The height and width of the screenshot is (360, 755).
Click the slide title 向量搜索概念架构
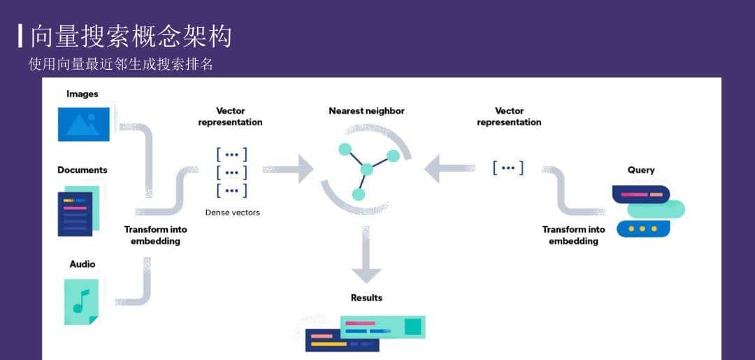click(x=131, y=36)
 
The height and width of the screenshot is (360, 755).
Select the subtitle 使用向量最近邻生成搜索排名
click(x=120, y=64)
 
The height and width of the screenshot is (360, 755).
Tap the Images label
click(x=82, y=94)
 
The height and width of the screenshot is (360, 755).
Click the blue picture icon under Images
click(x=83, y=124)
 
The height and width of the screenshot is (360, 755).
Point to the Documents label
click(x=82, y=170)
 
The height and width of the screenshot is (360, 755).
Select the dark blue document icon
click(x=75, y=213)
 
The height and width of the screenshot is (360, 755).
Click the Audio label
click(x=82, y=264)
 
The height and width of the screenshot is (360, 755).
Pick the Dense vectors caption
click(x=232, y=213)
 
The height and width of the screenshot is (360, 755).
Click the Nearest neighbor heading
click(x=366, y=111)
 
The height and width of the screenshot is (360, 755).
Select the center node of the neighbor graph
click(x=366, y=169)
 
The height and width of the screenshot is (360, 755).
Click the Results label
click(x=366, y=298)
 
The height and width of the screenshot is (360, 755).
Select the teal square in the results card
click(x=412, y=326)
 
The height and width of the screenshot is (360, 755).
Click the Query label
click(x=641, y=170)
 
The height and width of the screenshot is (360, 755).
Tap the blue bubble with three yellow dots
click(x=642, y=229)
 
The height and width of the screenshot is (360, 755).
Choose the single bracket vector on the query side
click(x=508, y=168)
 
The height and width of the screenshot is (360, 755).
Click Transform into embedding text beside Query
click(x=573, y=235)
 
